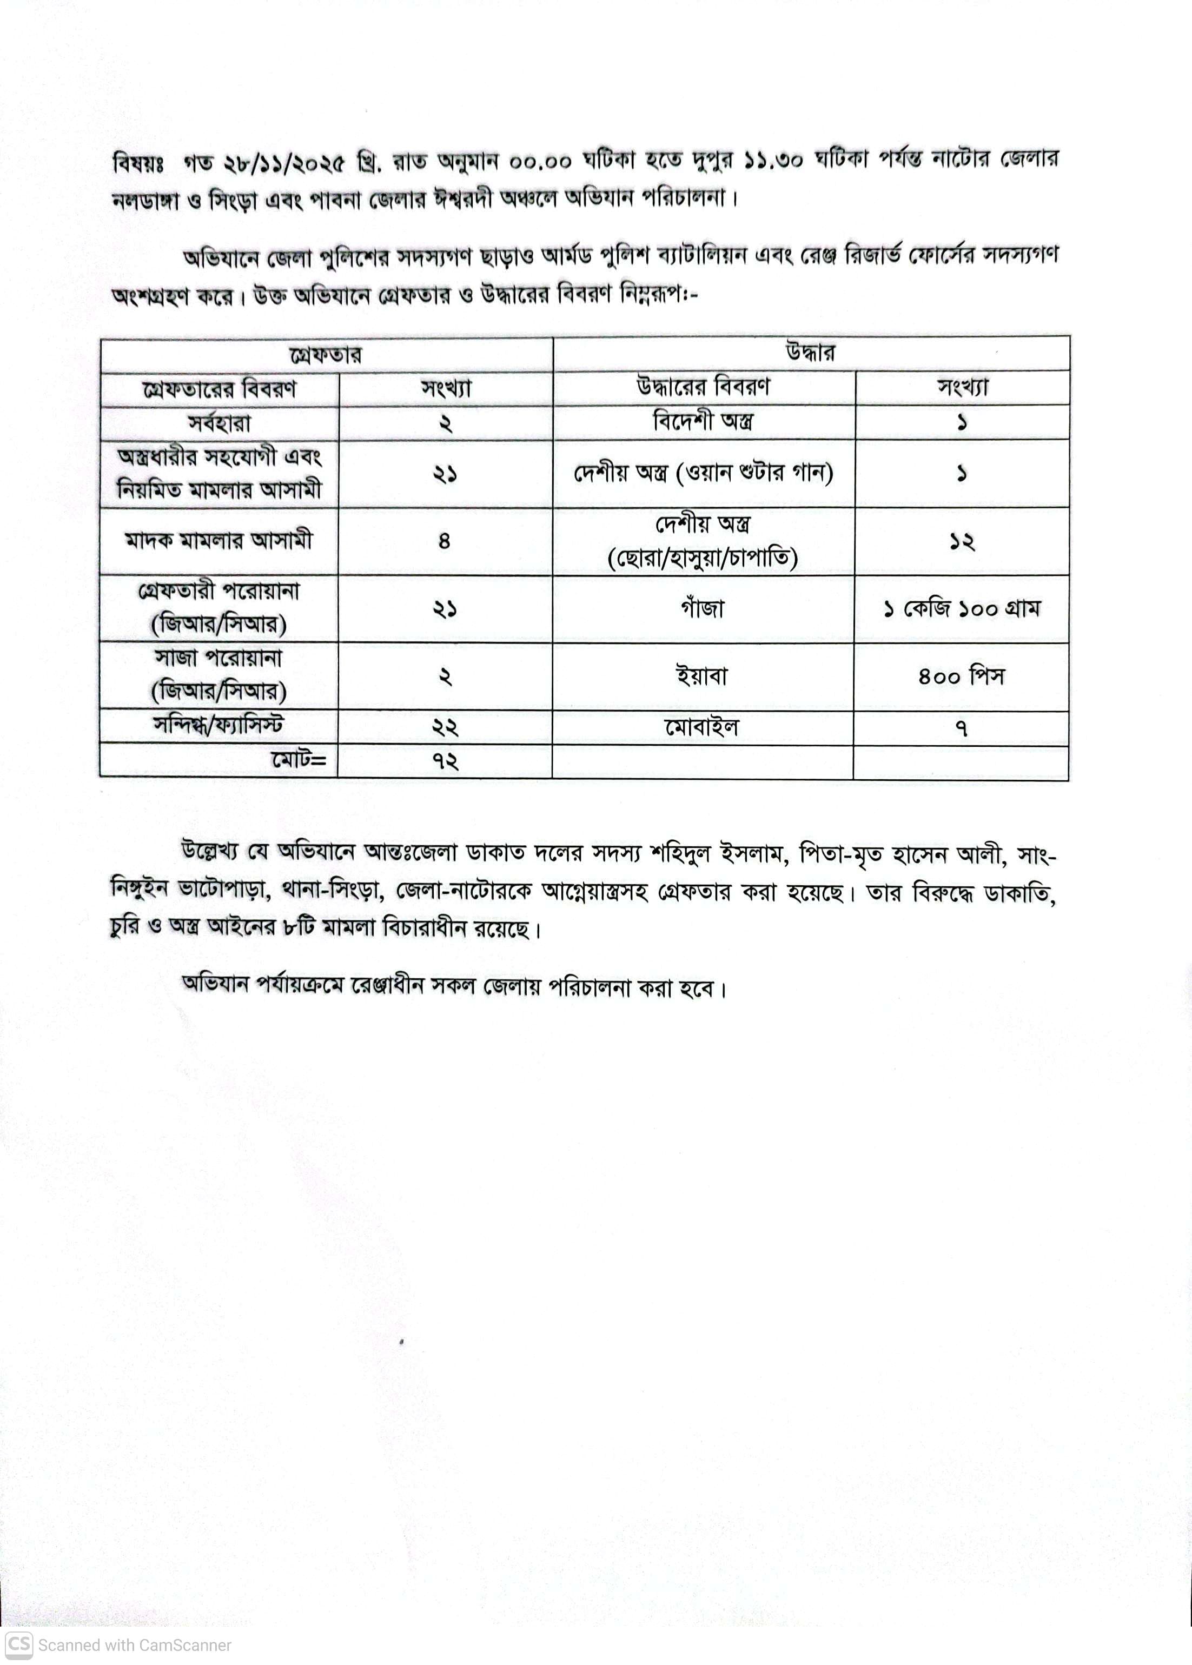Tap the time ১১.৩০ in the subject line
point(773,160)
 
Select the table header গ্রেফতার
point(326,356)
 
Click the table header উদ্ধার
point(810,353)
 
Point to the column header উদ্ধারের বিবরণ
point(703,387)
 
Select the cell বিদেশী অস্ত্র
point(703,421)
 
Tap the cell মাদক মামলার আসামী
point(218,541)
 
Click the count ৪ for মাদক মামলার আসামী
point(444,541)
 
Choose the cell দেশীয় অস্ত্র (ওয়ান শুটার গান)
point(703,473)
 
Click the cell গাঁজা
point(703,608)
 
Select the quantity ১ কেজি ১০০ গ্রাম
point(962,608)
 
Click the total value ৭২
point(445,761)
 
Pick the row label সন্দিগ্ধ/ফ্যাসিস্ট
point(218,726)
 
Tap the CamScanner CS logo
point(19,1644)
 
